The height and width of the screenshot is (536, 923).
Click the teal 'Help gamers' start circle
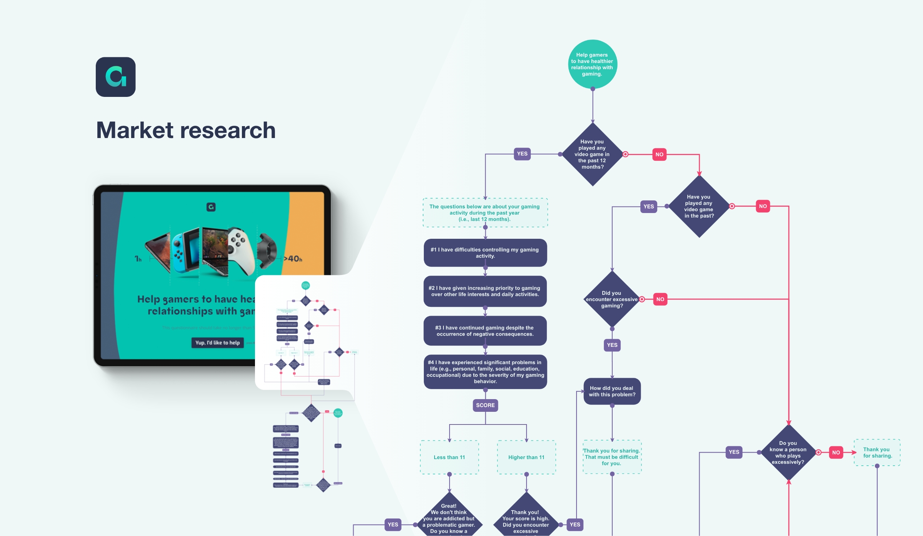[x=592, y=64]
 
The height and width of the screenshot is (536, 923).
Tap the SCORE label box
[x=485, y=405]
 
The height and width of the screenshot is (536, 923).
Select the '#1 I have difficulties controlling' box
[x=485, y=253]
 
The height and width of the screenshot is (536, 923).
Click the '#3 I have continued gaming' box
[x=485, y=331]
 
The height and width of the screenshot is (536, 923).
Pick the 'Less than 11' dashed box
[x=449, y=457]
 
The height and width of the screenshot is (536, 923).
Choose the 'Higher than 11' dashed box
[x=526, y=457]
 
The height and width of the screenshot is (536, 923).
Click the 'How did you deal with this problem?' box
[x=612, y=391]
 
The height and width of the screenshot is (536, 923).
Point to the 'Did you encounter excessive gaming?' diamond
[x=612, y=299]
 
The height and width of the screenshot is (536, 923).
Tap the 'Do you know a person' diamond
[x=788, y=453]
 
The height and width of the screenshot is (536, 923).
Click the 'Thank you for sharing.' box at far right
[x=877, y=453]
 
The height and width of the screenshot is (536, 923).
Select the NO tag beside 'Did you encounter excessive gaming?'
[x=660, y=299]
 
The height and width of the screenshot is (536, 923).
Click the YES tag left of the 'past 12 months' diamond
[x=522, y=154]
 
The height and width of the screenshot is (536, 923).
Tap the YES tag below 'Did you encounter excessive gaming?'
[x=612, y=345]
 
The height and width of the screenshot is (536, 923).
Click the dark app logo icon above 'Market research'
[x=115, y=77]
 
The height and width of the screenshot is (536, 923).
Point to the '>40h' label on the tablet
[x=293, y=259]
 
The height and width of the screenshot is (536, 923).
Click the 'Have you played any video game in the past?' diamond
[x=699, y=206]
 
